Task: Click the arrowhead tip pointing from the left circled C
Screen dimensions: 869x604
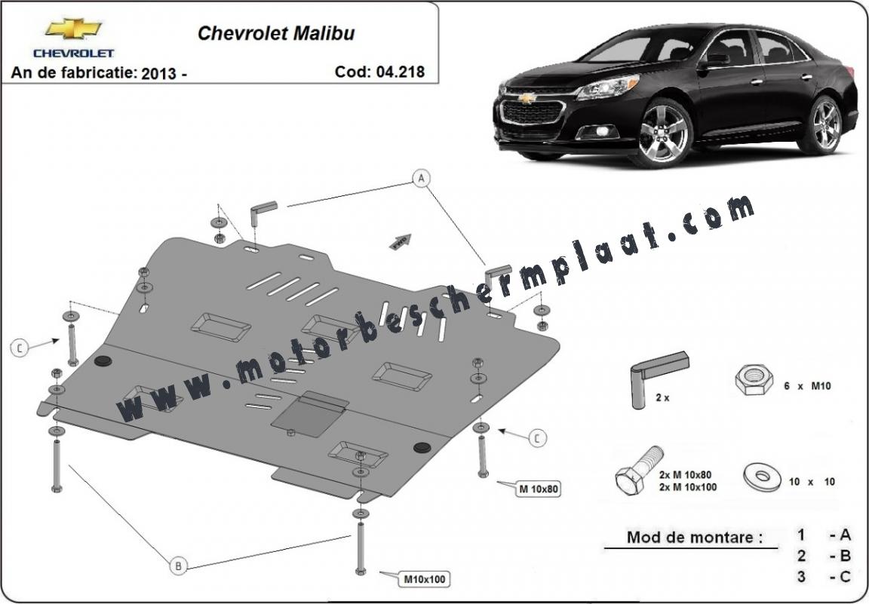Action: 60,339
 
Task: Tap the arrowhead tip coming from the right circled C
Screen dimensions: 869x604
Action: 498,430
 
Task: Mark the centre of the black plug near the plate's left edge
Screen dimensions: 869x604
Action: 103,360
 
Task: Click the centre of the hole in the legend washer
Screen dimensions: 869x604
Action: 763,475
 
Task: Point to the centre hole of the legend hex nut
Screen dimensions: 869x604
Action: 754,376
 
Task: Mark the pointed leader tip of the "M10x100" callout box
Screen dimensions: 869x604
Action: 379,572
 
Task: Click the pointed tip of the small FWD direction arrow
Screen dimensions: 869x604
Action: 411,235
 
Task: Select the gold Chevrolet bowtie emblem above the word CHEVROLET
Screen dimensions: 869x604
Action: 73,29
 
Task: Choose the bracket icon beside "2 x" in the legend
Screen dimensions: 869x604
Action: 659,376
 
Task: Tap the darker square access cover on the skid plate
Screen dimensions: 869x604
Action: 309,413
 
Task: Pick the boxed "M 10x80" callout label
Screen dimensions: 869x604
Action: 538,489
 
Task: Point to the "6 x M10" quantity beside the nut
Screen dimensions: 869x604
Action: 807,386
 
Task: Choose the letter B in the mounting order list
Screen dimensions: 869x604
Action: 845,556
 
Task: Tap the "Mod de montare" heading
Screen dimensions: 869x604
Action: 694,537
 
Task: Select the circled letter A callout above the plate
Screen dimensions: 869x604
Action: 422,178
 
